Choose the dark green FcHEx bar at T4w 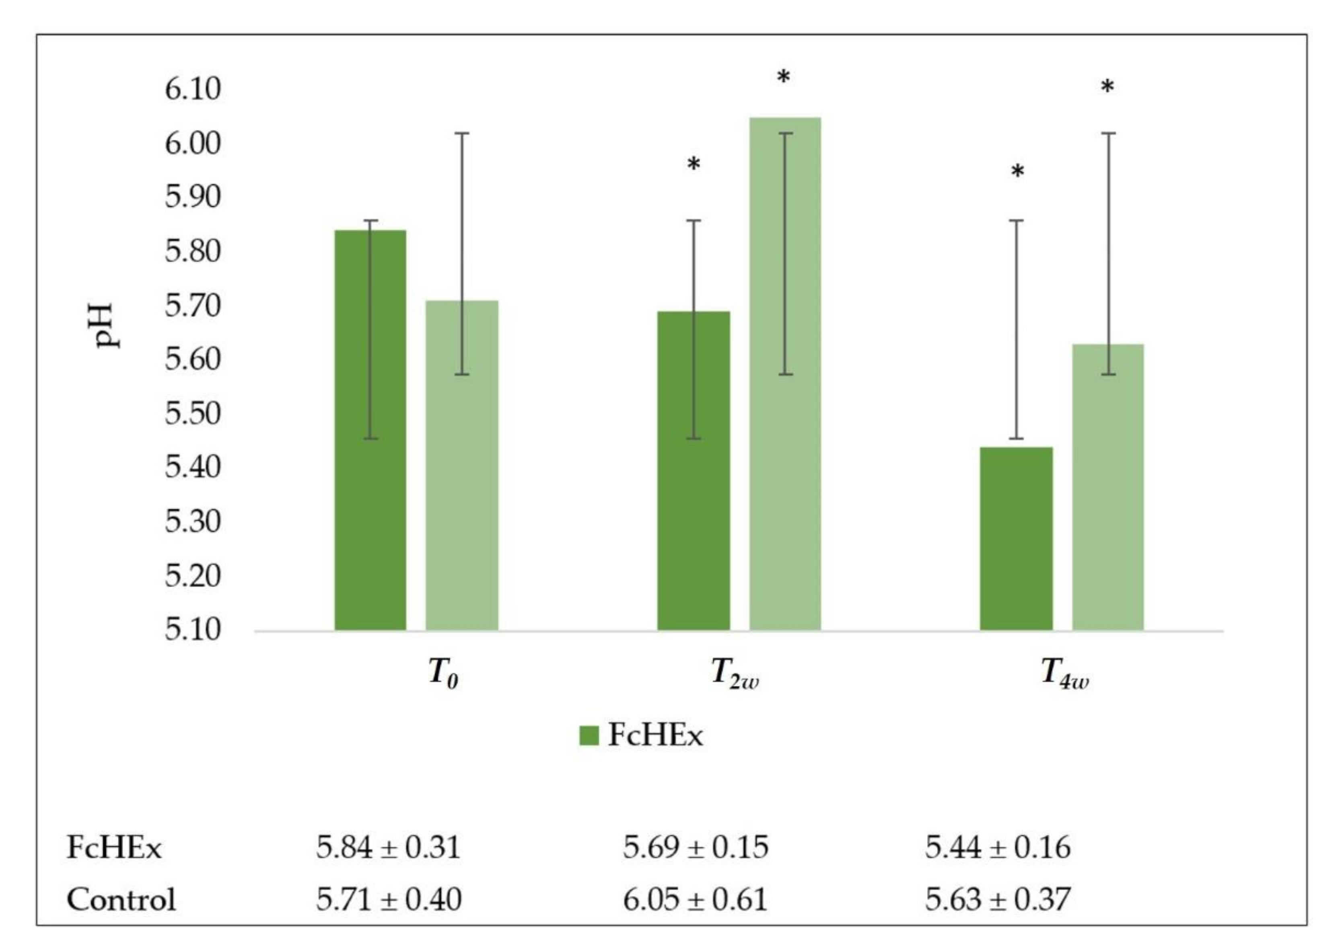point(1017,538)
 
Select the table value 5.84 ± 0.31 point(388,847)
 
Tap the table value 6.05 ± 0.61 point(694,899)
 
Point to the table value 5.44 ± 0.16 point(997,847)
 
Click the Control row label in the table point(121,899)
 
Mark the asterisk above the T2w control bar point(783,78)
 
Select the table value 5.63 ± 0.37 point(997,899)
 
